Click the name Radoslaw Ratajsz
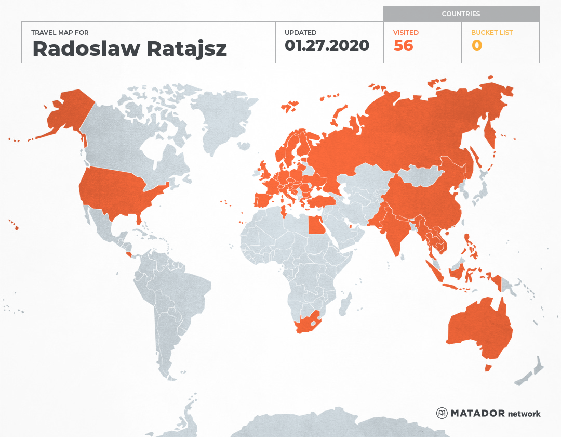point(129,48)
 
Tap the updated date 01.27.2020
point(327,46)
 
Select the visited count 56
point(403,46)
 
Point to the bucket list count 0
point(476,46)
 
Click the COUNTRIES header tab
point(461,14)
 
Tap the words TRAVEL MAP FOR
point(60,33)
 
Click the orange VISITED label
point(406,33)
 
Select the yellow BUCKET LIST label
point(491,33)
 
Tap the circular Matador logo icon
point(442,413)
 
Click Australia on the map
point(478,328)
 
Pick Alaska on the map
point(68,112)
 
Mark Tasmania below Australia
point(488,368)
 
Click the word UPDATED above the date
point(300,33)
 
